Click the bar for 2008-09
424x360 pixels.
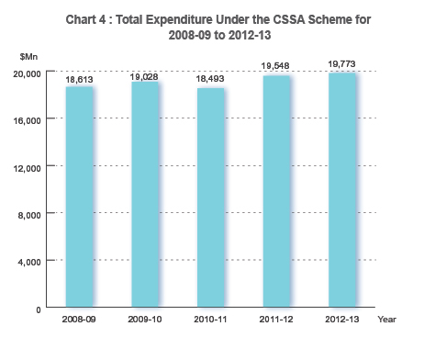point(79,197)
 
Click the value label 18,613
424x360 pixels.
point(79,81)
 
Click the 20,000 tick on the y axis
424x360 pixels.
point(29,73)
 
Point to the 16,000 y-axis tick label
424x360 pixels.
point(29,119)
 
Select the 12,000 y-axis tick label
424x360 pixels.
point(29,167)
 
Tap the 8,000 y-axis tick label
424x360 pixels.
point(32,214)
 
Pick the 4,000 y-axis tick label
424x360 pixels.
point(32,262)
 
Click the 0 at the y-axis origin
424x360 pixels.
point(39,309)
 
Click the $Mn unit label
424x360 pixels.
point(28,57)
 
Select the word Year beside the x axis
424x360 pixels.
point(386,319)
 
